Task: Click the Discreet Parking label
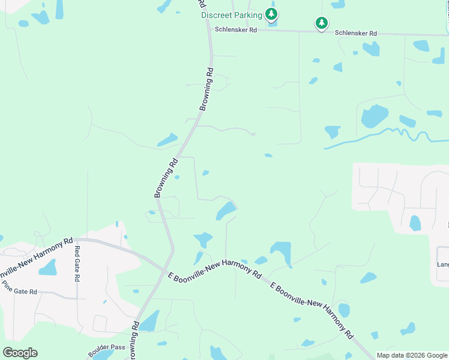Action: point(231,15)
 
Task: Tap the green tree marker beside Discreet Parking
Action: point(272,14)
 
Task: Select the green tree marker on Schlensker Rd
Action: point(322,23)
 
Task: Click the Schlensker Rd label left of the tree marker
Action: point(235,29)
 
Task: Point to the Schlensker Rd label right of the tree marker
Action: point(355,34)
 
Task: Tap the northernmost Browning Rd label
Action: point(206,88)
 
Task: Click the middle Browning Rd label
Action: point(166,178)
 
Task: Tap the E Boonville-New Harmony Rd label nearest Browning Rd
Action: point(215,268)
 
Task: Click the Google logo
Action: point(20,353)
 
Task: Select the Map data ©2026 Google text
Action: point(412,355)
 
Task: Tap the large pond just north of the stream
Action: point(375,116)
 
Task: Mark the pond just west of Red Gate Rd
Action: point(47,267)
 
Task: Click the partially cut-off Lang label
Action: point(442,264)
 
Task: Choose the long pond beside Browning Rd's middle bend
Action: point(167,140)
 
